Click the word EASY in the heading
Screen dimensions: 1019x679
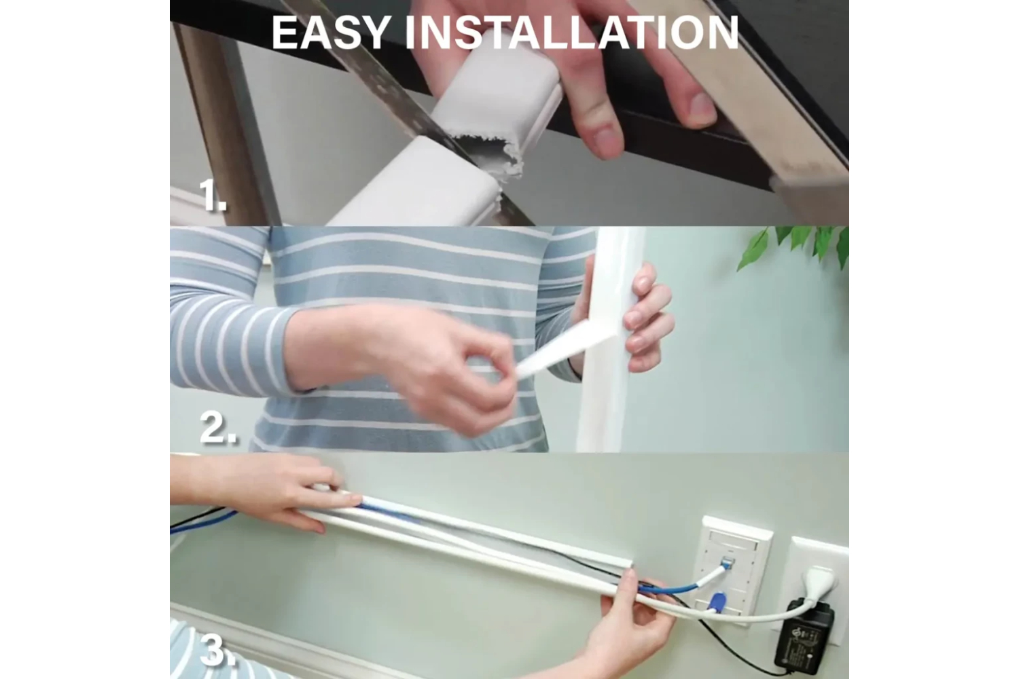[x=329, y=33]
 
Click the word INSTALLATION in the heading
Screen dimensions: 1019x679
[x=571, y=33]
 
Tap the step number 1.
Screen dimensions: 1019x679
[x=213, y=195]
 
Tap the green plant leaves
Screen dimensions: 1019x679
[x=794, y=247]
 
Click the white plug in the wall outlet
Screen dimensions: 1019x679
[x=819, y=581]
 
